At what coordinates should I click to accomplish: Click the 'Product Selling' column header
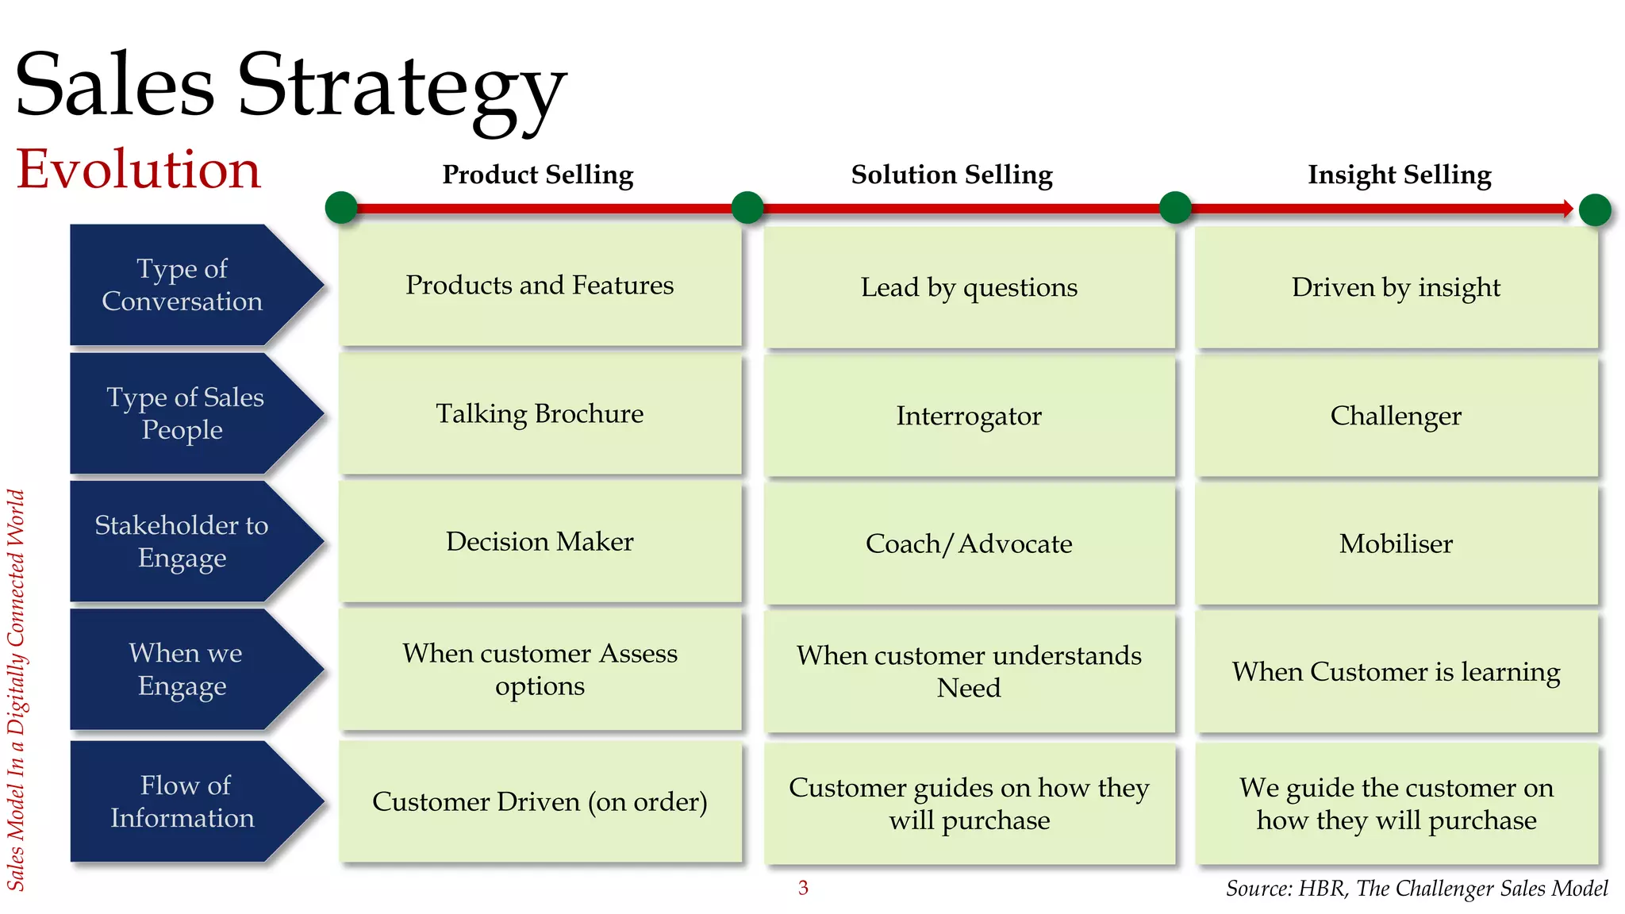(x=538, y=175)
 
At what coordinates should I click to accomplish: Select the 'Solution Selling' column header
(x=951, y=175)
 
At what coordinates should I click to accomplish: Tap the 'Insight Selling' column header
(x=1400, y=175)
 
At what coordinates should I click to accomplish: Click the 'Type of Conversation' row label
(x=182, y=285)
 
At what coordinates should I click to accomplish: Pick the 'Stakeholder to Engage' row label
(x=182, y=541)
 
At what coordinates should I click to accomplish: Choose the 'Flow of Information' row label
(x=182, y=801)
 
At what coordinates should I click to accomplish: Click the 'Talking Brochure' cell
(x=540, y=414)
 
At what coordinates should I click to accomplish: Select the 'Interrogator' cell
(x=969, y=416)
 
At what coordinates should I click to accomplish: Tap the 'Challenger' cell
(x=1396, y=416)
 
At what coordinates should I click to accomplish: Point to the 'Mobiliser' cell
(x=1396, y=543)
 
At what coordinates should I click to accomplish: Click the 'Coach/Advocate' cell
(x=969, y=543)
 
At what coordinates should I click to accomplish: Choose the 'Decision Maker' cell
(x=540, y=541)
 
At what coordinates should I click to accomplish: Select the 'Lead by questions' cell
(x=969, y=287)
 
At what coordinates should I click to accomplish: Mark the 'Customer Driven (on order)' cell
(x=540, y=801)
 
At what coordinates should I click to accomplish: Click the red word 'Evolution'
(x=139, y=169)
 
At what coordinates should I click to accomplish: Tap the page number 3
(x=803, y=888)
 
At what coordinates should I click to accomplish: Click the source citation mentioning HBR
(x=1416, y=889)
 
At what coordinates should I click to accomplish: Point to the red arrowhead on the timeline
(x=1568, y=209)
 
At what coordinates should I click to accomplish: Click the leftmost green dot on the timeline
(x=341, y=208)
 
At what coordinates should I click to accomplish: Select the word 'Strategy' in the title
(x=401, y=87)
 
